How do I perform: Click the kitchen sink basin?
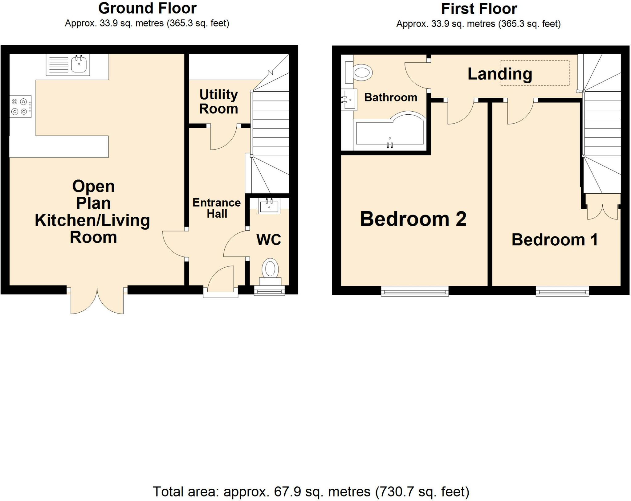pos(79,65)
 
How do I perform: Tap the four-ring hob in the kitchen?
pos(20,106)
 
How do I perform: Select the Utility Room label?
pos(218,102)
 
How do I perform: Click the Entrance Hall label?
pos(217,208)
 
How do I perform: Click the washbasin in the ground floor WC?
pos(269,206)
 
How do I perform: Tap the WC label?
pos(269,240)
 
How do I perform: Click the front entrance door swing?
pos(221,279)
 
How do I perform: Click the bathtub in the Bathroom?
pos(390,133)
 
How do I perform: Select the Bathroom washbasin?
pos(349,100)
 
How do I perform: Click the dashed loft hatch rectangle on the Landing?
pos(534,73)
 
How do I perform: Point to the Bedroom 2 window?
pos(415,291)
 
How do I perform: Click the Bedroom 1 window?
pos(562,291)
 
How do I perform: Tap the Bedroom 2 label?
pos(413,219)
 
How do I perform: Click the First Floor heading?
pos(479,9)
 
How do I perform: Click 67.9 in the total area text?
pos(287,491)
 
